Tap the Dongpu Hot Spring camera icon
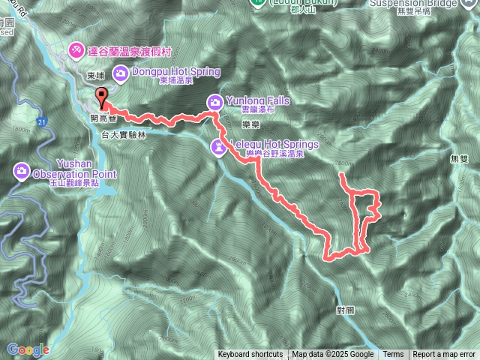tap(120, 73)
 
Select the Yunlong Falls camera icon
tap(214, 101)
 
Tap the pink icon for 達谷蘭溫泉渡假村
tap(76, 50)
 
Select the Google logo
tap(28, 349)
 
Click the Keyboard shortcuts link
tap(250, 355)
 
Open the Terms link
tap(393, 355)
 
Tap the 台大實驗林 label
tap(121, 133)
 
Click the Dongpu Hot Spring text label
tap(175, 72)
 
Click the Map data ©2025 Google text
tap(333, 355)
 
